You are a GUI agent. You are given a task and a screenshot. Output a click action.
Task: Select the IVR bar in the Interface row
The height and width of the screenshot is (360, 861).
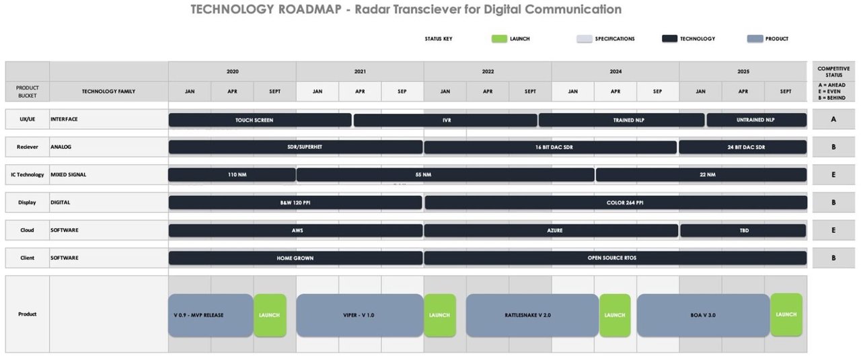click(445, 120)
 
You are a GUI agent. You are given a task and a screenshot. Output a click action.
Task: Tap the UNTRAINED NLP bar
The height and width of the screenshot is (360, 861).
click(756, 120)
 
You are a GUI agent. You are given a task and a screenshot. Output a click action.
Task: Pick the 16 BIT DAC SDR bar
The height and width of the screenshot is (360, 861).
click(550, 147)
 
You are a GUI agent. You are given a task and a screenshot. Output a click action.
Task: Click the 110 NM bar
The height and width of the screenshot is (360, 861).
click(232, 175)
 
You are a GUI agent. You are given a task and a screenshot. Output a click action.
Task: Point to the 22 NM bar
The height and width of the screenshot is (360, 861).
click(700, 175)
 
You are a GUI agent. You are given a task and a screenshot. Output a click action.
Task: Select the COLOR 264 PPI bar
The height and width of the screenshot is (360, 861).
click(615, 203)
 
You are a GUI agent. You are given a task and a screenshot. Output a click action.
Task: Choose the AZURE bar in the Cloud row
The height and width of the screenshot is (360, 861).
click(551, 230)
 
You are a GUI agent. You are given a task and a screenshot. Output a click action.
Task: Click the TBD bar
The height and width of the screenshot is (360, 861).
click(743, 230)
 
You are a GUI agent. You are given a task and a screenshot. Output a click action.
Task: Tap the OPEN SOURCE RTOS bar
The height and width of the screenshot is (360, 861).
click(615, 258)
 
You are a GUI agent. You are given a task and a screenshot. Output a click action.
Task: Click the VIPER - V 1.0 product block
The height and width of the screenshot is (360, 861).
click(359, 315)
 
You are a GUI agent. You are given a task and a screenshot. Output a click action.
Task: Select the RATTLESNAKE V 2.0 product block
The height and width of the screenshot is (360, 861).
click(532, 315)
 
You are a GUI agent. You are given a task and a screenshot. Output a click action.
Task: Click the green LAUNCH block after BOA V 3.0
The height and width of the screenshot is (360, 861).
click(786, 314)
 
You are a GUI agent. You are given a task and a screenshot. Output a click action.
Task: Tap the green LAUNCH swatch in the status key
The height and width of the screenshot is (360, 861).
click(499, 39)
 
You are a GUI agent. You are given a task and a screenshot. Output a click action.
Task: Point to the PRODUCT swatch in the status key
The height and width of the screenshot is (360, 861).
click(755, 39)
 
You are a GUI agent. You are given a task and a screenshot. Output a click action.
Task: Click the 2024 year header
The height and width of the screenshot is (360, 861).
click(615, 71)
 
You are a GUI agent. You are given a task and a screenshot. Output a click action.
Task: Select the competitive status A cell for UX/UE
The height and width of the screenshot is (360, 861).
click(833, 120)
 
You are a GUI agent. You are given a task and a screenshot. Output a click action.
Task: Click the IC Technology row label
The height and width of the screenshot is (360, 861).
click(27, 175)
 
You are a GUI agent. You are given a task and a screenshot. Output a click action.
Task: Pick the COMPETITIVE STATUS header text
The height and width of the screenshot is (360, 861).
click(833, 71)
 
